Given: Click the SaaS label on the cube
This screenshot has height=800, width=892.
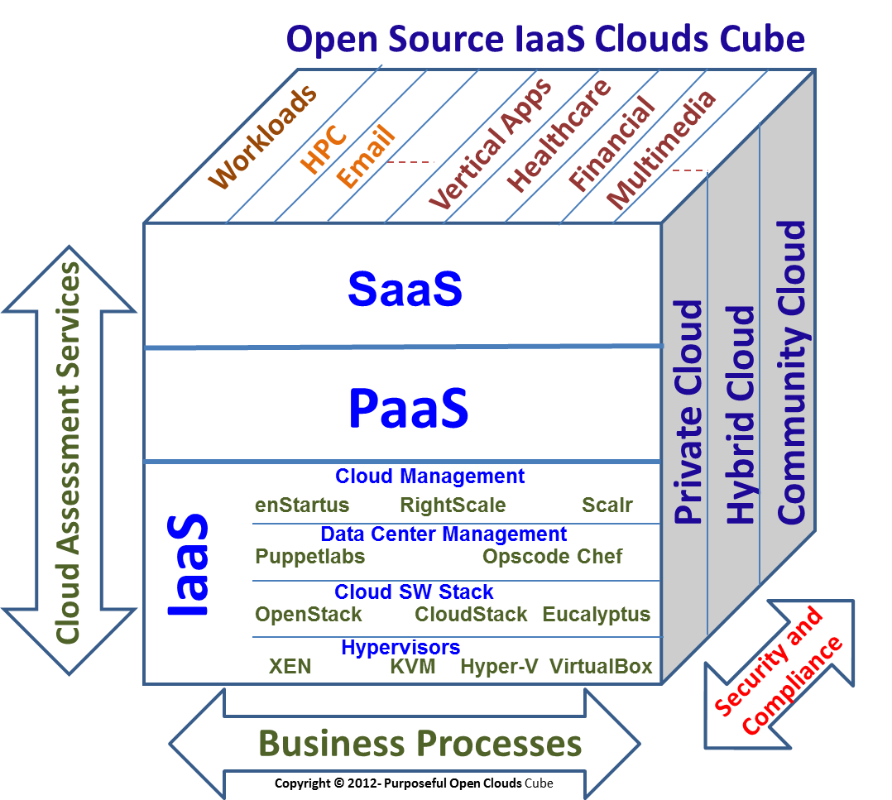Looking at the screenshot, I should coord(405,289).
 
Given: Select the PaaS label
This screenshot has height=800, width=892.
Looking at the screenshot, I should coord(409,407).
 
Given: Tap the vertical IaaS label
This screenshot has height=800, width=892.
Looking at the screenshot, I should coord(189,567).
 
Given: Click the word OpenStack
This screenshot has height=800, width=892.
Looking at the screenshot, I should coord(309,615).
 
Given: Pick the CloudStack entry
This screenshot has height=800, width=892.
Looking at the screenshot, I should coord(471,615).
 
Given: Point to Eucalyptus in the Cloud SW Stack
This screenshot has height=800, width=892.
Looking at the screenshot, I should coord(597,615).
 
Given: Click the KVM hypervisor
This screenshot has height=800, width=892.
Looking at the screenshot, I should coord(412,666).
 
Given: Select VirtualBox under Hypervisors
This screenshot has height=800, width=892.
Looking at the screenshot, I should coord(601,666).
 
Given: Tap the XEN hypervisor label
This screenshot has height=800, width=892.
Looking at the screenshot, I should coord(290,666).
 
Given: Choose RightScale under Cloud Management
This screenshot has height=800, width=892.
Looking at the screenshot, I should coord(453,505).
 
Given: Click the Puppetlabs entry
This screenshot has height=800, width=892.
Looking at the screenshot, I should coord(310,557).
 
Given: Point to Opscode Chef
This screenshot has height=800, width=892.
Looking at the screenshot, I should coord(553,557).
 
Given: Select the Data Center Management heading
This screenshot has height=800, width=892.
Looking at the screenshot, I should coord(444,534).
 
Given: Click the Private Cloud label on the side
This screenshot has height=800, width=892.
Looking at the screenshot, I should coord(688,413).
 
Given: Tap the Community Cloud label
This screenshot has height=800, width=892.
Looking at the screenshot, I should coord(792,371).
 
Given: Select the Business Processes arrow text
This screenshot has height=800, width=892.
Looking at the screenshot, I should coord(420,743).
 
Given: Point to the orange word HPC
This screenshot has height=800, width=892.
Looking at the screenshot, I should coord(324,149).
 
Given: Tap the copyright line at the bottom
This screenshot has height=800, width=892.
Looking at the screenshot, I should coord(414,783).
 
